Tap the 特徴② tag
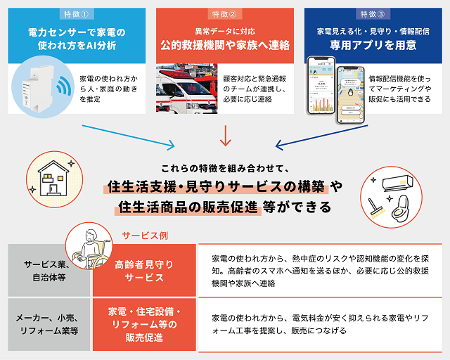(x=224, y=13)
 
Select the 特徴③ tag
(x=373, y=13)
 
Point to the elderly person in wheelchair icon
(x=91, y=247)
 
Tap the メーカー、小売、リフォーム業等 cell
(x=49, y=323)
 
